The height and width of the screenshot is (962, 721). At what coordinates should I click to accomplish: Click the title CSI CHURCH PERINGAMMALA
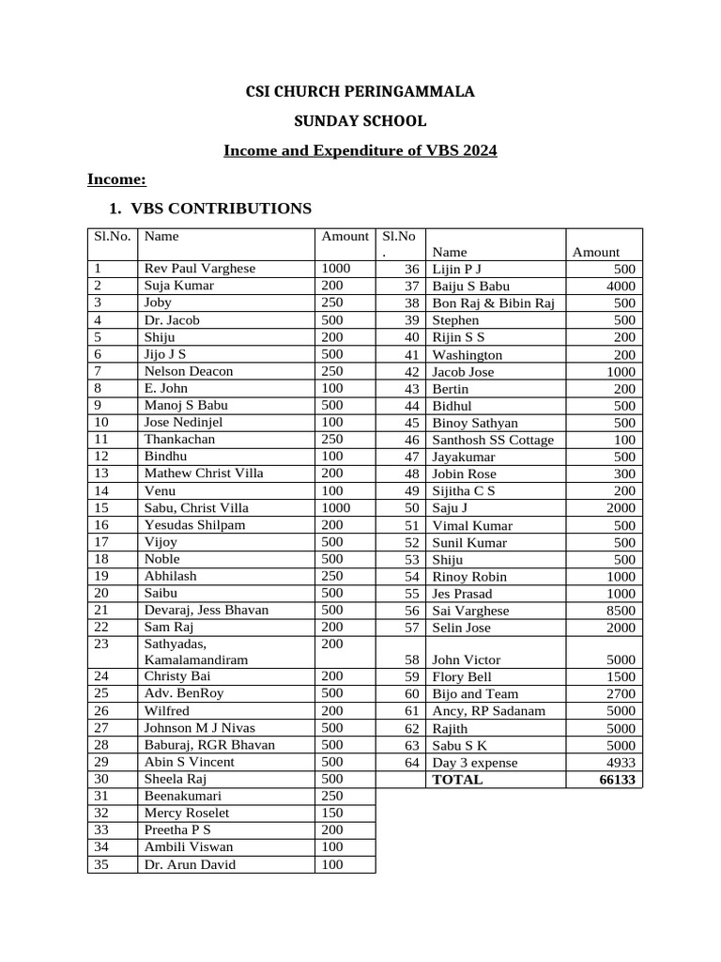360,92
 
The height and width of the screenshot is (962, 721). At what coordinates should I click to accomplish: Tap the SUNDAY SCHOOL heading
360,121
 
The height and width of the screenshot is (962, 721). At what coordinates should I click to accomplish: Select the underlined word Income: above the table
116,179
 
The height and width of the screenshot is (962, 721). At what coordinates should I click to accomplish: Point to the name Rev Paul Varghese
199,269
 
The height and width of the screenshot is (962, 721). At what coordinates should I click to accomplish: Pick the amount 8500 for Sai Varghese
621,611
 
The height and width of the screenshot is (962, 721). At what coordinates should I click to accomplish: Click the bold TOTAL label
457,780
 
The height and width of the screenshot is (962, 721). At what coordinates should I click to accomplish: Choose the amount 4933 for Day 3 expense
621,763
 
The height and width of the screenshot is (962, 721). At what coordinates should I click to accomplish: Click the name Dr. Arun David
190,864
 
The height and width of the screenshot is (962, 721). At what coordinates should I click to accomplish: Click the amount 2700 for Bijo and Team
621,694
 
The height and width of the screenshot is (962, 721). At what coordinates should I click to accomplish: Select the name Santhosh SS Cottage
493,440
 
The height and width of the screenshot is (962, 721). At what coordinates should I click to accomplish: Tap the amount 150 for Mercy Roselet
332,813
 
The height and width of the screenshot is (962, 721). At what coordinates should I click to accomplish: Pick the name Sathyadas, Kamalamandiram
195,652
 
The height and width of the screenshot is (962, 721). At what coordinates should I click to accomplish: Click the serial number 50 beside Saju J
411,508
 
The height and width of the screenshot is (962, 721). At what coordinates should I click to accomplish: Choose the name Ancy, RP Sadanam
488,711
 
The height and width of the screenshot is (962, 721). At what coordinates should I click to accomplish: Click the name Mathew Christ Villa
204,473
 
